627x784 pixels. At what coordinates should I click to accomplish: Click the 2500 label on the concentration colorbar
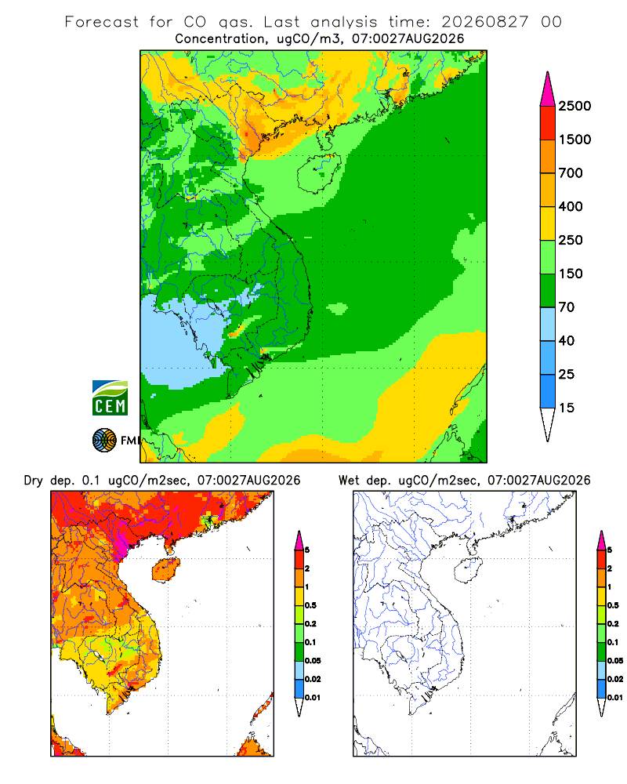click(x=574, y=106)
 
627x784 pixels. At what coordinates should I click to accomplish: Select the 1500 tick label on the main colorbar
click(x=574, y=140)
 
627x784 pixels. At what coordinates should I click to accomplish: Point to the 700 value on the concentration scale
click(x=571, y=173)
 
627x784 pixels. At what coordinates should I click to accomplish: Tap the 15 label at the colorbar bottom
click(x=567, y=408)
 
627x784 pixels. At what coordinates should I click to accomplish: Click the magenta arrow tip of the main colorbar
click(x=548, y=90)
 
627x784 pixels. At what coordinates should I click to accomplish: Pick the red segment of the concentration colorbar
click(x=548, y=123)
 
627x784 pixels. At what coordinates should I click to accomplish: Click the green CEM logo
click(x=110, y=397)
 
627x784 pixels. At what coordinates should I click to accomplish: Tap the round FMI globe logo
click(x=104, y=441)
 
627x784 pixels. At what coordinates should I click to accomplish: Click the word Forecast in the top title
click(x=102, y=22)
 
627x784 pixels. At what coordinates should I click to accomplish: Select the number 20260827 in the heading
click(x=484, y=22)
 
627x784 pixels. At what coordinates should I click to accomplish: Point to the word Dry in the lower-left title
click(x=34, y=481)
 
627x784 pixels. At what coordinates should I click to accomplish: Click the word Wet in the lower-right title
click(x=349, y=481)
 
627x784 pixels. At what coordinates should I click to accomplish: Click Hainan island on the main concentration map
click(x=319, y=173)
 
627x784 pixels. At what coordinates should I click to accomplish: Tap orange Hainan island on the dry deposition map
click(x=165, y=569)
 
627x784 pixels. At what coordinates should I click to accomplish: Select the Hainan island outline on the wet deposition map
click(x=468, y=570)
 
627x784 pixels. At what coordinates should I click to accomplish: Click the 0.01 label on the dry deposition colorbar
click(x=313, y=698)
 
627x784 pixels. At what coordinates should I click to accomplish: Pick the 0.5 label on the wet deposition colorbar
click(x=612, y=605)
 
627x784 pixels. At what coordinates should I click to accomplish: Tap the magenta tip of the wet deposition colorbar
click(x=601, y=540)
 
